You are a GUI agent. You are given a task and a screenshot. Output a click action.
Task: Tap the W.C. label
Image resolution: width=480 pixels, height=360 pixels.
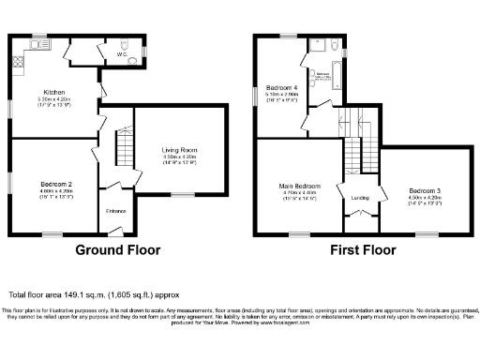pos(122,55)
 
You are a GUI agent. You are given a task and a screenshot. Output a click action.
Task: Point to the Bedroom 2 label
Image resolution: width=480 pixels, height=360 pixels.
pos(56,183)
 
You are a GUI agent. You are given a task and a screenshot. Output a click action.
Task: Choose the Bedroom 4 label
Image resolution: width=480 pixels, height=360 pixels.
pos(281,87)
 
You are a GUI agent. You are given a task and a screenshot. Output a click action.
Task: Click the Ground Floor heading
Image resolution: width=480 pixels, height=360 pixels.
pos(117,250)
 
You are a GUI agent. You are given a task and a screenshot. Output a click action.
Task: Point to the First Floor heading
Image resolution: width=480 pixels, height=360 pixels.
pos(361,250)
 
